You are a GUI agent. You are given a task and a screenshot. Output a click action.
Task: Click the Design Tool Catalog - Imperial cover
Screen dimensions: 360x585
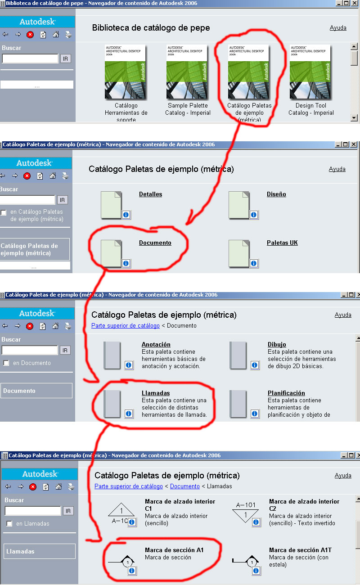(x=310, y=72)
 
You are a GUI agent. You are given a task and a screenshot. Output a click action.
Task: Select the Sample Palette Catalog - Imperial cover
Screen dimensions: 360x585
(x=187, y=72)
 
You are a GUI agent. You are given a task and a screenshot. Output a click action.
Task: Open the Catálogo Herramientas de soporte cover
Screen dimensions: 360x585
(x=125, y=72)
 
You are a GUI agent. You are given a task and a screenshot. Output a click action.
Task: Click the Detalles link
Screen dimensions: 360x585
(x=150, y=194)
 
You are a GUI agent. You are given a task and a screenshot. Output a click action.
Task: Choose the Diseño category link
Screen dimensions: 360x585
(x=276, y=194)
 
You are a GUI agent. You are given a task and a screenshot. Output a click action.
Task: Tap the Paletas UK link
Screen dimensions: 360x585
(x=282, y=243)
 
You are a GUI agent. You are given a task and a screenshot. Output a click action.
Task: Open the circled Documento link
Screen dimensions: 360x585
(x=155, y=243)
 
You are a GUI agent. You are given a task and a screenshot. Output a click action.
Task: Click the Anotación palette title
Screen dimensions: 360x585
(x=156, y=344)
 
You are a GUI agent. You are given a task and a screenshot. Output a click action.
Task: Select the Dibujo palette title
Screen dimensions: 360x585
(x=277, y=344)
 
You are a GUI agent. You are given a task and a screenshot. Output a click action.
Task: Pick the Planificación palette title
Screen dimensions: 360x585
(x=286, y=393)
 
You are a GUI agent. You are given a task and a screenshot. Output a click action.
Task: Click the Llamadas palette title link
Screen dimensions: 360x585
(x=156, y=393)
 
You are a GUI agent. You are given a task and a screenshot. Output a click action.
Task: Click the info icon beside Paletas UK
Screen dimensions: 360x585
(x=253, y=263)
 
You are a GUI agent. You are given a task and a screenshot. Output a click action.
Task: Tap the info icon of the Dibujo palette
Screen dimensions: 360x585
(x=254, y=365)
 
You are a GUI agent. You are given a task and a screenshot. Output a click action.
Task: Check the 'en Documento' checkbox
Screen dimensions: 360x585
(x=6, y=363)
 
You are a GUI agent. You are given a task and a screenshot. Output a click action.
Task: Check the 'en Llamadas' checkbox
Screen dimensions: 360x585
(x=9, y=524)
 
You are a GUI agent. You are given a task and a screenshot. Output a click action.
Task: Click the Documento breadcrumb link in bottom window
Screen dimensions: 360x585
(x=184, y=486)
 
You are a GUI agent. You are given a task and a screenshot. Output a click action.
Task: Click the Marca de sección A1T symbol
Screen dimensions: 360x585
(x=246, y=561)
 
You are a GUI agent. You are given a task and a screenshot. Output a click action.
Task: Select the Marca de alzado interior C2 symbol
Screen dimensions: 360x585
(x=245, y=513)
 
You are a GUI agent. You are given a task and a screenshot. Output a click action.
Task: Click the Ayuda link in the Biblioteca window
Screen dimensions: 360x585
(x=338, y=28)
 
